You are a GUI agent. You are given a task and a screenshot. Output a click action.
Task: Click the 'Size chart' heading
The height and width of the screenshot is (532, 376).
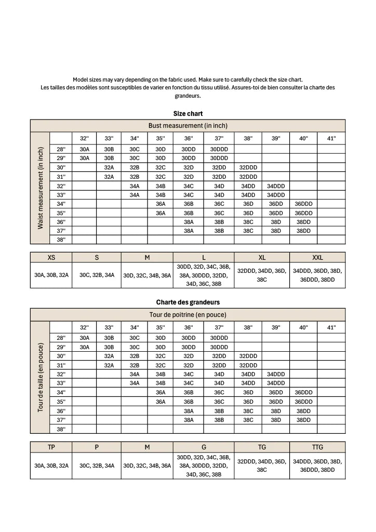click(187, 113)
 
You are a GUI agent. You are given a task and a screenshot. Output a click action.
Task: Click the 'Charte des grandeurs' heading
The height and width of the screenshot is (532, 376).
click(187, 302)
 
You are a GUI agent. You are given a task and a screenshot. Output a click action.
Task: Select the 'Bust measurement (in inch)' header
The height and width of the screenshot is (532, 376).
click(187, 126)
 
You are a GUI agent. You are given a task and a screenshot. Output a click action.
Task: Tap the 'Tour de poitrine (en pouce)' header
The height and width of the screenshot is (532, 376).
click(187, 314)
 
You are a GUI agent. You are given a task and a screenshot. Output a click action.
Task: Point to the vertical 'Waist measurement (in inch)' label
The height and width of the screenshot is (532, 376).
click(40, 188)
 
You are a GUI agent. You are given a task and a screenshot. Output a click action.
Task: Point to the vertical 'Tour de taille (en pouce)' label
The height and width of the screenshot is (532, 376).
click(40, 377)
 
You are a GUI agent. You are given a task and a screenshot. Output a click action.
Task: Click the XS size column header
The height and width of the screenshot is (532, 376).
click(51, 257)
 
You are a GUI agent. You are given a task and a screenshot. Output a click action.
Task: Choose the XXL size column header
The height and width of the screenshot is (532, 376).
click(317, 257)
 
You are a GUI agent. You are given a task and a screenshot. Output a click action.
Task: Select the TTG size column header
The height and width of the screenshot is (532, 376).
click(317, 447)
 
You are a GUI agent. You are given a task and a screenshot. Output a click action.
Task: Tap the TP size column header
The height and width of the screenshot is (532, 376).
click(51, 447)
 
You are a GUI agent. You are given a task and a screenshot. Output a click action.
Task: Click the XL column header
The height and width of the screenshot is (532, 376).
click(262, 257)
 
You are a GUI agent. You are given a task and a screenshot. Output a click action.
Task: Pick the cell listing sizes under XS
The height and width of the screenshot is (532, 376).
click(51, 275)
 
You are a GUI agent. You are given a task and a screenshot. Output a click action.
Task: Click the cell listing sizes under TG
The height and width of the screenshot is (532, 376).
click(262, 465)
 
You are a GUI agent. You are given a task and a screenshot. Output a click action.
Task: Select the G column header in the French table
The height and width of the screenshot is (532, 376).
click(203, 447)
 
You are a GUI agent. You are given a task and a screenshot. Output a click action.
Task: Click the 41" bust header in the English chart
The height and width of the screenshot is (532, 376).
click(331, 138)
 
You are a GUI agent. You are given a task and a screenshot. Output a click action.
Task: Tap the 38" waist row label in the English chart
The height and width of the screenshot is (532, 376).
click(61, 240)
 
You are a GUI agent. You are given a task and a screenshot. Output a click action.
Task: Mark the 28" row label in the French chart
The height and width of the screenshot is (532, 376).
click(61, 337)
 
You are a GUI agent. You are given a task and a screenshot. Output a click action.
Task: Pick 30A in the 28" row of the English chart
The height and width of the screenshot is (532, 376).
click(85, 149)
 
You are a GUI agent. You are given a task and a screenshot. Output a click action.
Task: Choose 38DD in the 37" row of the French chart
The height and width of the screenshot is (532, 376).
click(303, 420)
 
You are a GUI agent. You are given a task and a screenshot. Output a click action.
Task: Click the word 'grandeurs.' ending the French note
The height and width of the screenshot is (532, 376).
click(187, 96)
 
